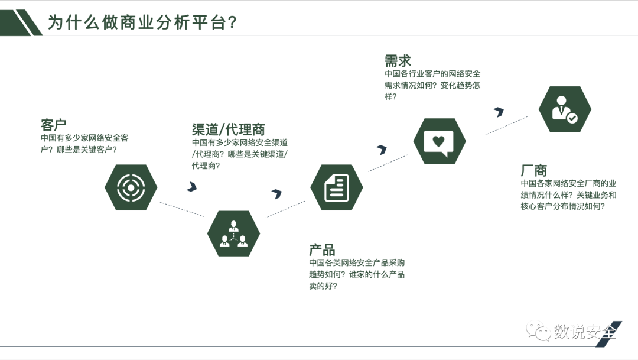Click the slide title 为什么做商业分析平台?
click(142, 22)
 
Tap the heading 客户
click(53, 125)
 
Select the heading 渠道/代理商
click(228, 129)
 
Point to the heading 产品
click(322, 249)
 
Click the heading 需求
click(398, 60)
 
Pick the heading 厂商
click(533, 171)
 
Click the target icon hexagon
click(131, 187)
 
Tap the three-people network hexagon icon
click(233, 233)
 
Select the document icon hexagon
click(336, 187)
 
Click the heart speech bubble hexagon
click(439, 141)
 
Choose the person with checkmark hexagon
click(565, 109)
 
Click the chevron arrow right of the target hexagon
click(191, 187)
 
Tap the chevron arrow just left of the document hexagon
click(276, 193)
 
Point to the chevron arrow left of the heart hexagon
click(382, 150)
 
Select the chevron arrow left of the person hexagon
click(499, 111)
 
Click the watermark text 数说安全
click(584, 332)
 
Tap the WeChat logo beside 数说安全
click(539, 331)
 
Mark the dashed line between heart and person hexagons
click(506, 125)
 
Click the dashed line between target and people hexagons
click(182, 210)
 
